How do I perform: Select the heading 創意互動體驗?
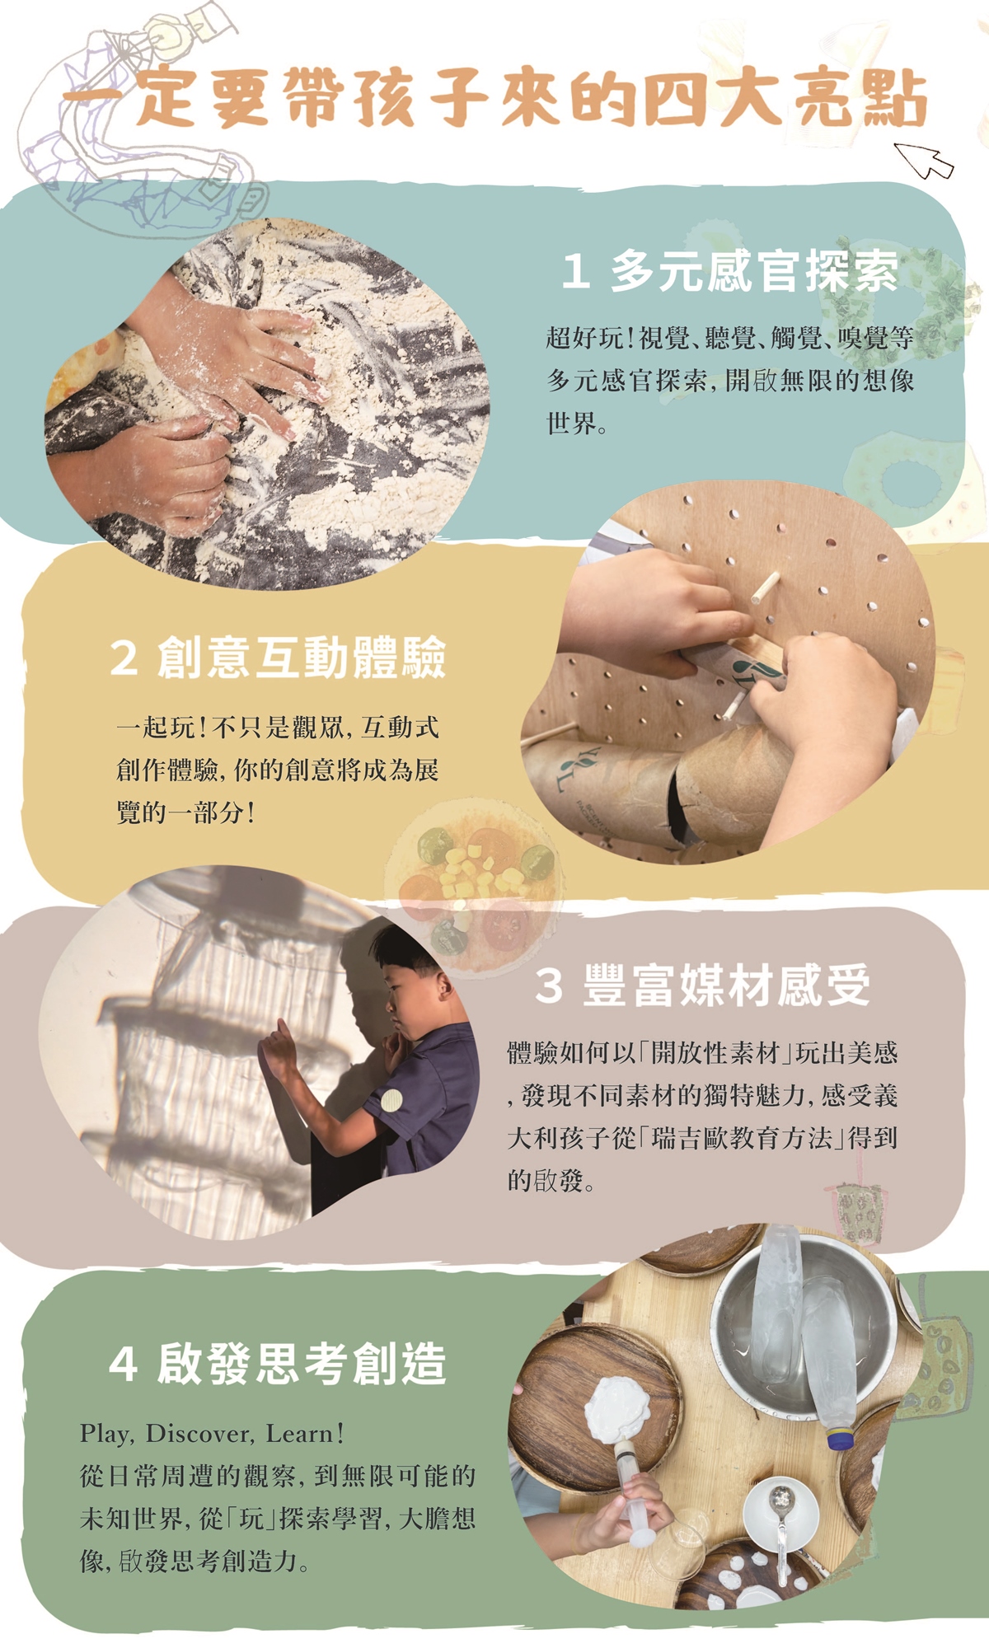[302, 657]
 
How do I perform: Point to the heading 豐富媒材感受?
[726, 985]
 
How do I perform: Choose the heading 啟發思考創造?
[302, 1364]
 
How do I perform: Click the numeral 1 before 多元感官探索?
[575, 272]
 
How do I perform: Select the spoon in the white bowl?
[779, 1516]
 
